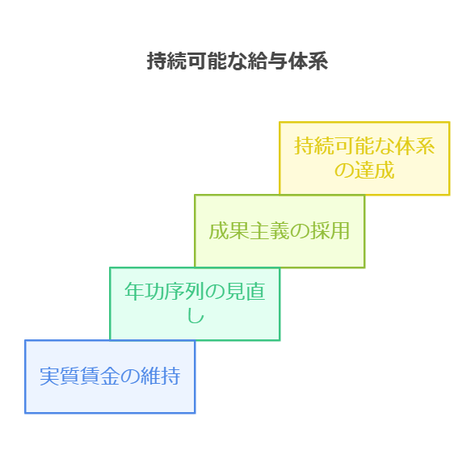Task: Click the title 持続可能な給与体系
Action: (237, 61)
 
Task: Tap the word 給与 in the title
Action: (267, 61)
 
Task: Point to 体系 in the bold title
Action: (308, 61)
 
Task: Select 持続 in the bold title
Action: (167, 61)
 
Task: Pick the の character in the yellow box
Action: (344, 170)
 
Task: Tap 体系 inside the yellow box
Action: (414, 145)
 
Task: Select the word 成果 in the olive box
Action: (229, 231)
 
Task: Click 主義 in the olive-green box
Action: (269, 231)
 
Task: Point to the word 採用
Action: (330, 231)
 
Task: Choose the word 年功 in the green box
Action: (145, 291)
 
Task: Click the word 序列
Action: (185, 291)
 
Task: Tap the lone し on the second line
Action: (195, 316)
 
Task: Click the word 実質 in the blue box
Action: (60, 377)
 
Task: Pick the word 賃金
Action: (100, 377)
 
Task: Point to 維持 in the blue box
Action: (161, 377)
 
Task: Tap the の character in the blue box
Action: (130, 377)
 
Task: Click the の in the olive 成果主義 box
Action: (300, 231)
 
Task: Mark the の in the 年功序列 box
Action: (215, 292)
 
